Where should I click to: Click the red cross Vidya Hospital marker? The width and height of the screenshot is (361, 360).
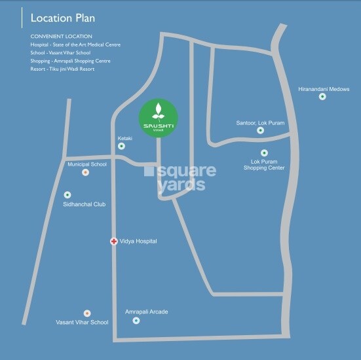pos(113,242)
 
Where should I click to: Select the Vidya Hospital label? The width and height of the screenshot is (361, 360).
pos(138,242)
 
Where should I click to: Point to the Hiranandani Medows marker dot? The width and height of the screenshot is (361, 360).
pos(322,97)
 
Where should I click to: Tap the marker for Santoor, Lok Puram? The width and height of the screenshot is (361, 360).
pos(260,130)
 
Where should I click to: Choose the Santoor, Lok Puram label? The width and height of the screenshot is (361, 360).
pos(260,122)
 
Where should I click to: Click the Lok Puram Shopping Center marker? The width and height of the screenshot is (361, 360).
pos(264,153)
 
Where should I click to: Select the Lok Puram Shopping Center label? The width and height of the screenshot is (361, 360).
pos(264,164)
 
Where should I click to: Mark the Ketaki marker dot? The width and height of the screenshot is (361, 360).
pos(121,146)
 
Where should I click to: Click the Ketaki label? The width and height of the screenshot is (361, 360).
pos(124,138)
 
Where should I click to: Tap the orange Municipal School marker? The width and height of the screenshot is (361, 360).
pos(85,173)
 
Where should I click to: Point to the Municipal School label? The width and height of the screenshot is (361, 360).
pos(87,164)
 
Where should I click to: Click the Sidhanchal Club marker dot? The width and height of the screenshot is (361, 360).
pos(67,195)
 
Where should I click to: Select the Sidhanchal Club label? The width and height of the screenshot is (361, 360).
pos(85,204)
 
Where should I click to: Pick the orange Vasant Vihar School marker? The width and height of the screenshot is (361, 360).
pos(87,314)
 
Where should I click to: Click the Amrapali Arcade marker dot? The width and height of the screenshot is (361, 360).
pos(136,321)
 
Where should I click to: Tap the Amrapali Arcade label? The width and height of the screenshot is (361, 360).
pos(147,312)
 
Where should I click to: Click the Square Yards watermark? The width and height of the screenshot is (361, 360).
pos(181,177)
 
